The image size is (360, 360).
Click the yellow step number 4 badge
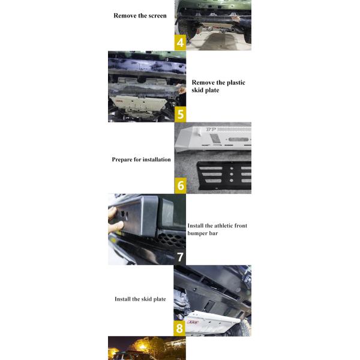click(181, 43)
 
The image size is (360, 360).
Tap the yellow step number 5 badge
click(181, 115)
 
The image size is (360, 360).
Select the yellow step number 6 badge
click(181, 185)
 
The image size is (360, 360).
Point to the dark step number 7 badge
click(179, 257)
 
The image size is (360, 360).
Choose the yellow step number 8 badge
click(179, 328)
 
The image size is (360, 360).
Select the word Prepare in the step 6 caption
click(125, 160)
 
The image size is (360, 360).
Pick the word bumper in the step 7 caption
click(200, 234)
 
